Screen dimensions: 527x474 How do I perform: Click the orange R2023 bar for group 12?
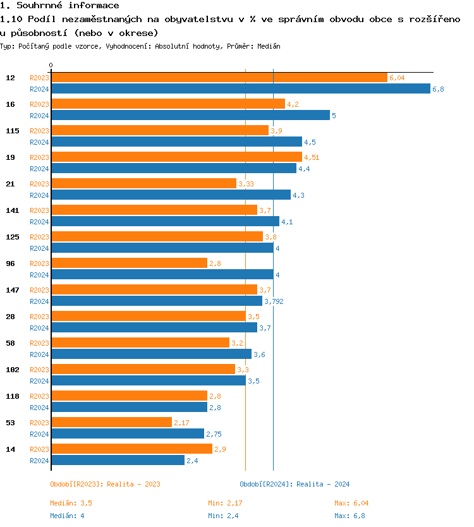coord(219,77)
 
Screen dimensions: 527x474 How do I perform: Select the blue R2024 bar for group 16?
coord(190,115)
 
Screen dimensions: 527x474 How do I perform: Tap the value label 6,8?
coord(438,89)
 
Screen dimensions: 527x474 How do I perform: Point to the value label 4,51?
coord(312,157)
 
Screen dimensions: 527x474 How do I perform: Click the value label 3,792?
coord(274,301)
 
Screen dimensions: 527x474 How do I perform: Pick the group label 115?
coord(12,130)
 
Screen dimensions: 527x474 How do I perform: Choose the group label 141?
coord(12,210)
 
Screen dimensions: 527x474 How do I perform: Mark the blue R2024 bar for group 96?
coord(162,274)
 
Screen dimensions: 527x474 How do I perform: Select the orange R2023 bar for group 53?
coord(111,422)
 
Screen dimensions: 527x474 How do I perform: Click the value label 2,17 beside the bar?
coord(181,423)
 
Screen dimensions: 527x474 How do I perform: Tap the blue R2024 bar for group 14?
coord(118,460)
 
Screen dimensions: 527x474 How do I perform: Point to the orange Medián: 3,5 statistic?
coord(75,503)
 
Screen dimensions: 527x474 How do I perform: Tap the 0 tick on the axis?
coord(51,66)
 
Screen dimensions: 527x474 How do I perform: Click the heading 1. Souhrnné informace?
coord(59,6)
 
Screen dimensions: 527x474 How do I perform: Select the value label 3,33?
coord(246,184)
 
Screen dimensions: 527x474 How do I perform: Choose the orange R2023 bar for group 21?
coord(143,183)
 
